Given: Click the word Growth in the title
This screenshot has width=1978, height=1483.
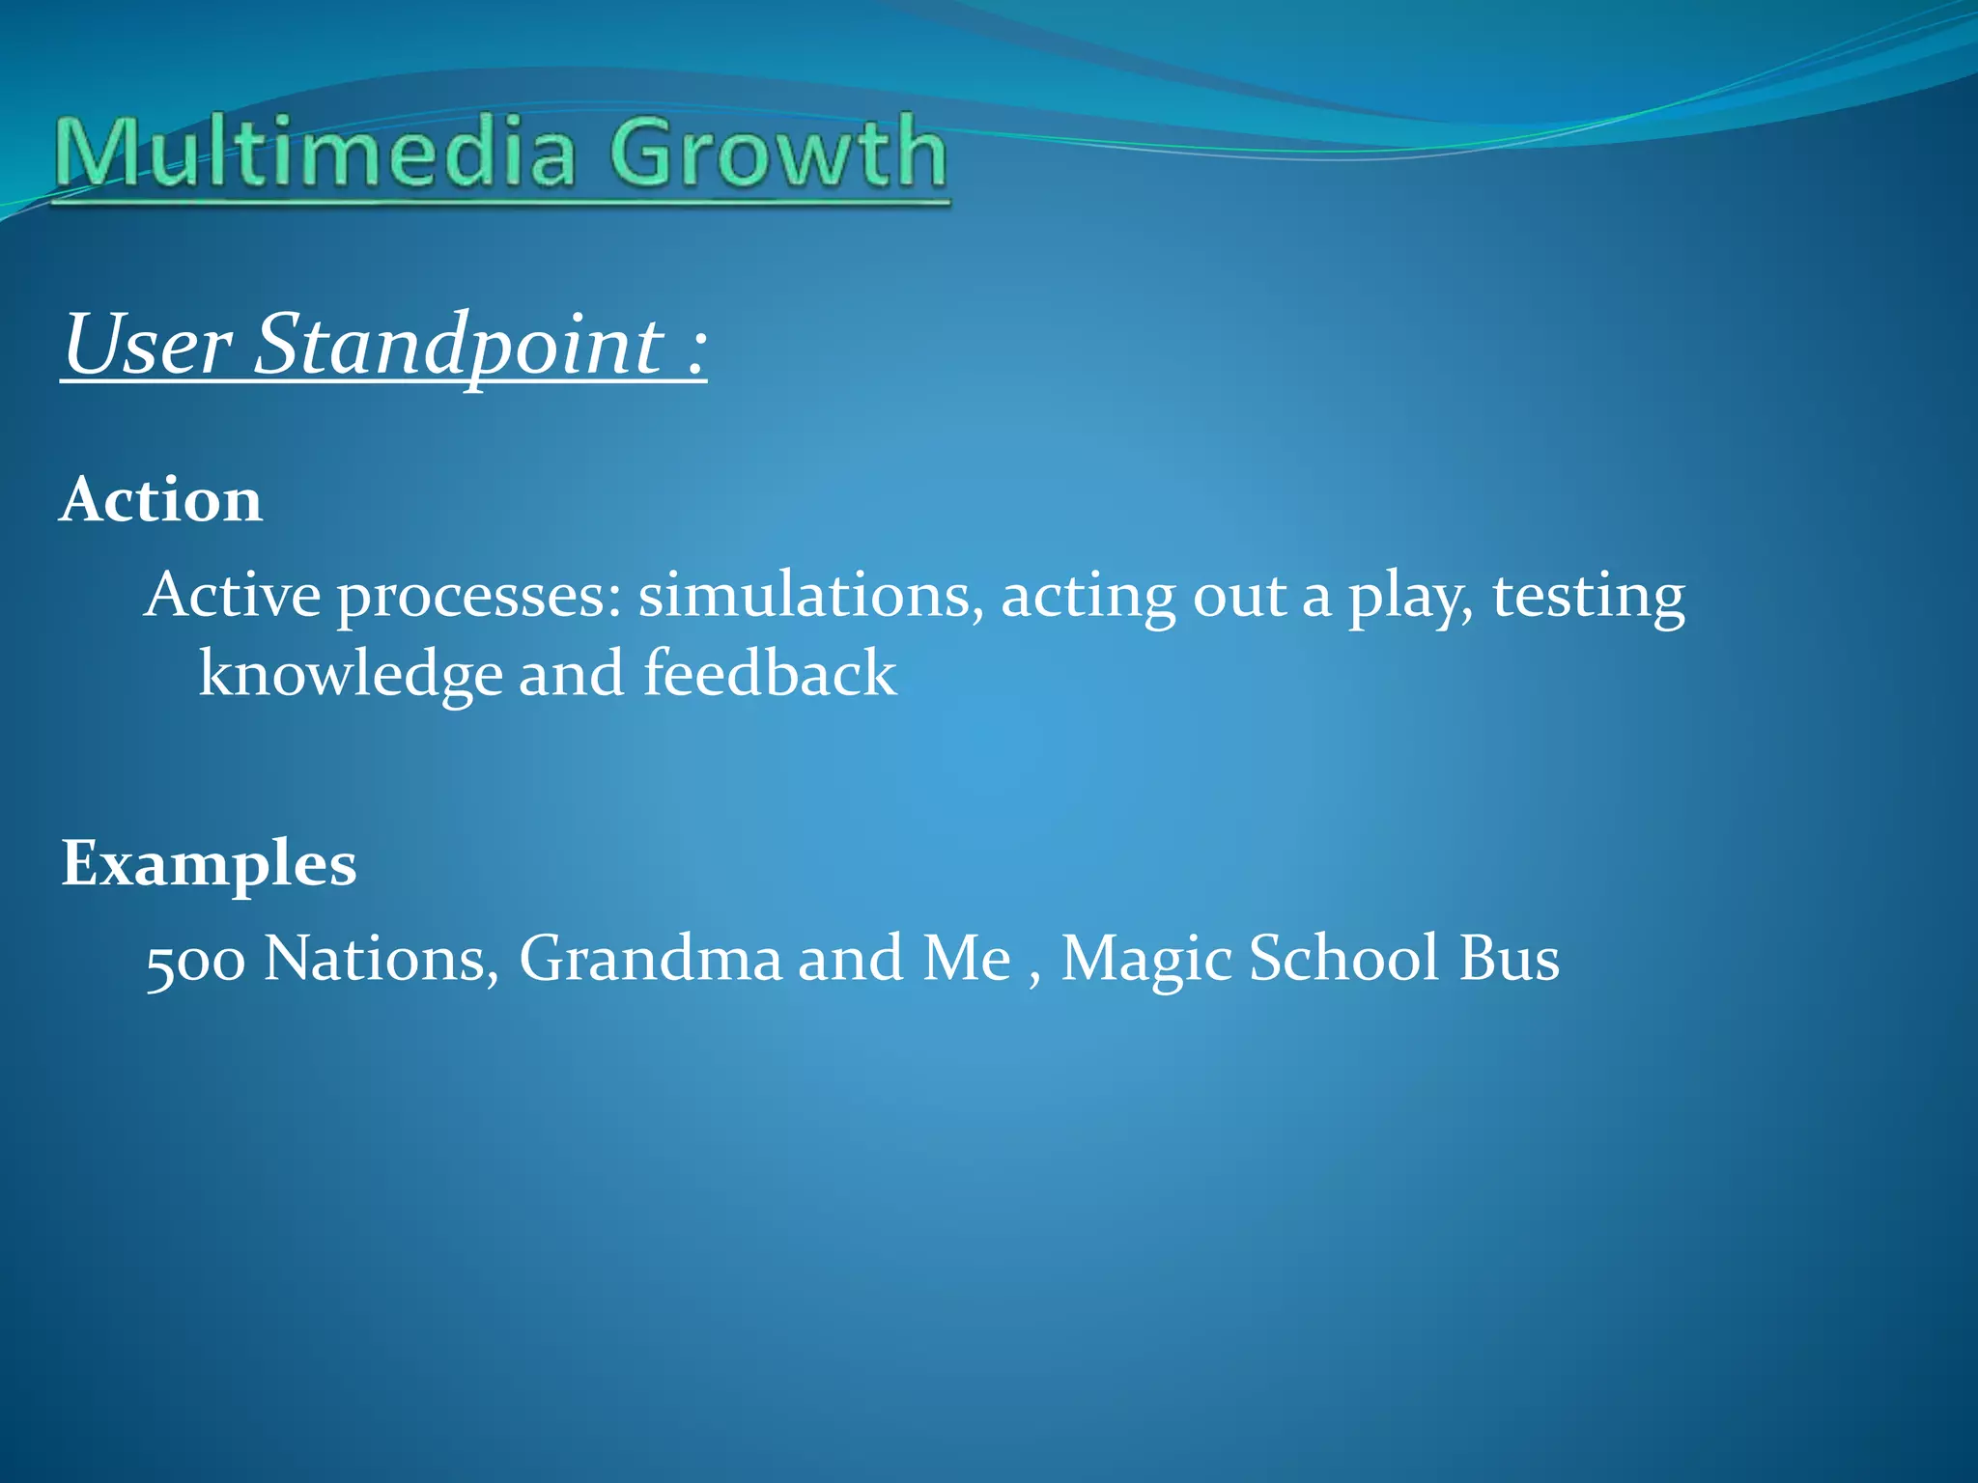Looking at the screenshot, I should pos(778,153).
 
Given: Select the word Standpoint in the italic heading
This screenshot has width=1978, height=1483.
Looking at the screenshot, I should pos(460,346).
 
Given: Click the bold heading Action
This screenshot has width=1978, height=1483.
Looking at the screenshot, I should pos(161,500).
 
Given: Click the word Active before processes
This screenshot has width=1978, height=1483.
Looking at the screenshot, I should pos(232,595).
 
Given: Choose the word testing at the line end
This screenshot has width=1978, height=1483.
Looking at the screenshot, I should pos(1588,595).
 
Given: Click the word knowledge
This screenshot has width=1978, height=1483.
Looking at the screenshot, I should pos(350,674).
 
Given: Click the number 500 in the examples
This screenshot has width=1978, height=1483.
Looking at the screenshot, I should pos(195,962).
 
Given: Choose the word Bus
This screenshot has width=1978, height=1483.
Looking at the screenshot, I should pos(1509,959).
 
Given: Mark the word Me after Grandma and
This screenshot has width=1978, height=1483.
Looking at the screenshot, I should pos(967,959).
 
